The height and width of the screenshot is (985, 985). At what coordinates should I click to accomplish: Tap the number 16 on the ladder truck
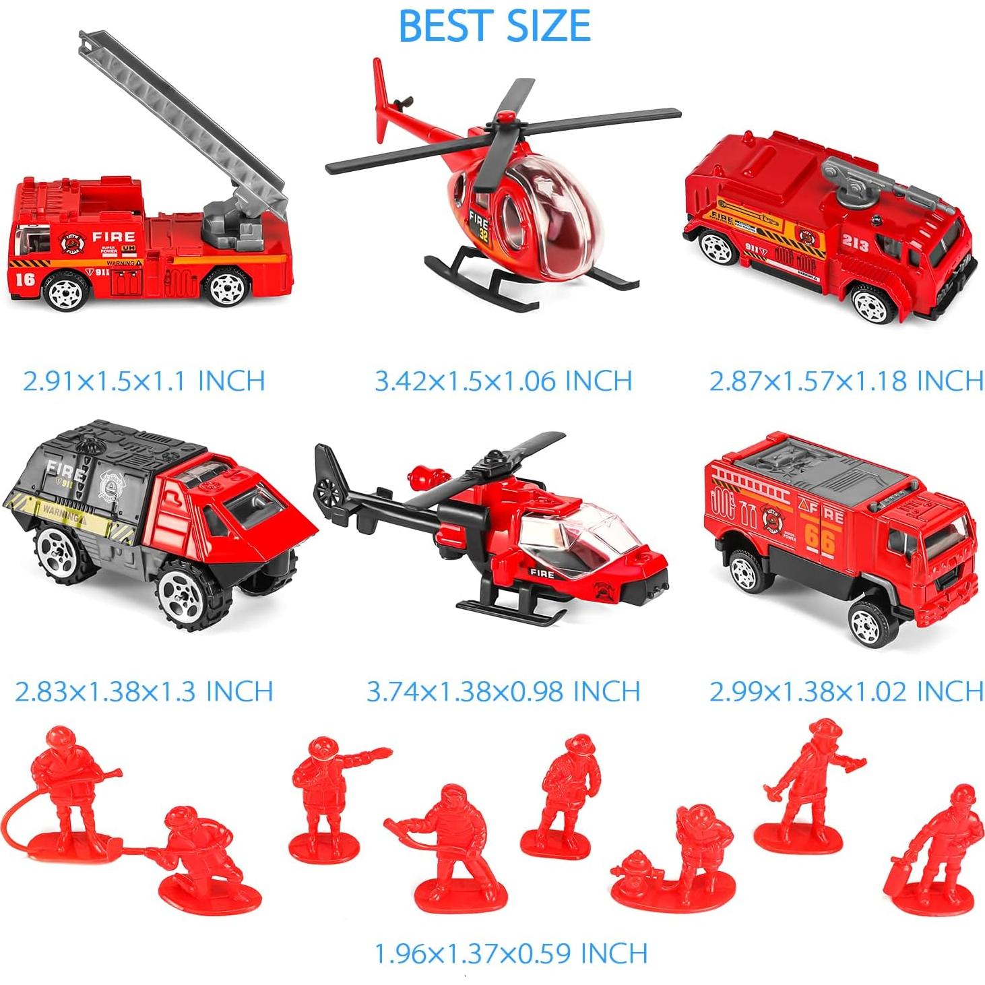[25, 278]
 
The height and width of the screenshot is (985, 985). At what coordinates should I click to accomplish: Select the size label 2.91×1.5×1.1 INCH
[144, 381]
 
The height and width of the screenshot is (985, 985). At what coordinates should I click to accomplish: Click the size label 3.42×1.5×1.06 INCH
[503, 381]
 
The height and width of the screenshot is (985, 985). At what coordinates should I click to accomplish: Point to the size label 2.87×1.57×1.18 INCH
[846, 381]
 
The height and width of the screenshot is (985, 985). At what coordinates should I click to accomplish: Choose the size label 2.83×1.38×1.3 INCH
[144, 692]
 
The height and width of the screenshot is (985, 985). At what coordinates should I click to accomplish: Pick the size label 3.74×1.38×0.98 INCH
[503, 692]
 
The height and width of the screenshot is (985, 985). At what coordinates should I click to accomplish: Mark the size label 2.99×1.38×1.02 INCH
[846, 692]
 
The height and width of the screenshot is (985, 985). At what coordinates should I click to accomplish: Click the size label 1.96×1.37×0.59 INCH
[511, 953]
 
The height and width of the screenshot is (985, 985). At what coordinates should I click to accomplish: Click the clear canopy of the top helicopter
[546, 222]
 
